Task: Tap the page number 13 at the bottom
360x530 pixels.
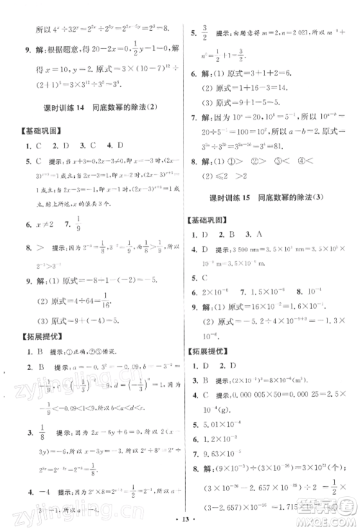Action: coord(179,517)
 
